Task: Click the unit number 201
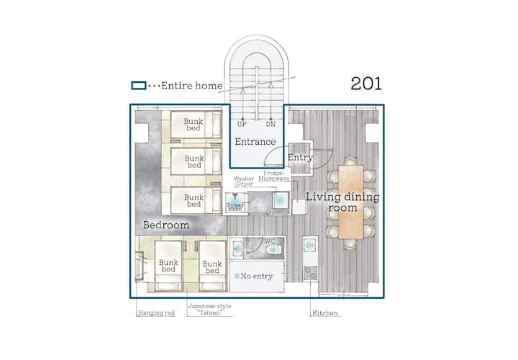[x=366, y=84]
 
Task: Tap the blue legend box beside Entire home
[x=139, y=86]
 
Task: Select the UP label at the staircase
[x=242, y=125]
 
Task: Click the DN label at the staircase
[x=271, y=125]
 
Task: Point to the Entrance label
[x=255, y=142]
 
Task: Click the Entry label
[x=300, y=158]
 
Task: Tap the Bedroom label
[x=166, y=225]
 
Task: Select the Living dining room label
[x=342, y=202]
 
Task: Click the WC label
[x=270, y=242]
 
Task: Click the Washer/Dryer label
[x=244, y=181]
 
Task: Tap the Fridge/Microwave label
[x=274, y=176]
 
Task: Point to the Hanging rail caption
[x=157, y=313]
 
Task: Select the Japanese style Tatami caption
[x=210, y=310]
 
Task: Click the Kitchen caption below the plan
[x=325, y=313]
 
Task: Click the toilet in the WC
[x=273, y=249]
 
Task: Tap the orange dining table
[x=351, y=202]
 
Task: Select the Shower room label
[x=235, y=207]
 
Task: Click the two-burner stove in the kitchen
[x=311, y=273]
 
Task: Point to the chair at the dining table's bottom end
[x=350, y=244]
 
